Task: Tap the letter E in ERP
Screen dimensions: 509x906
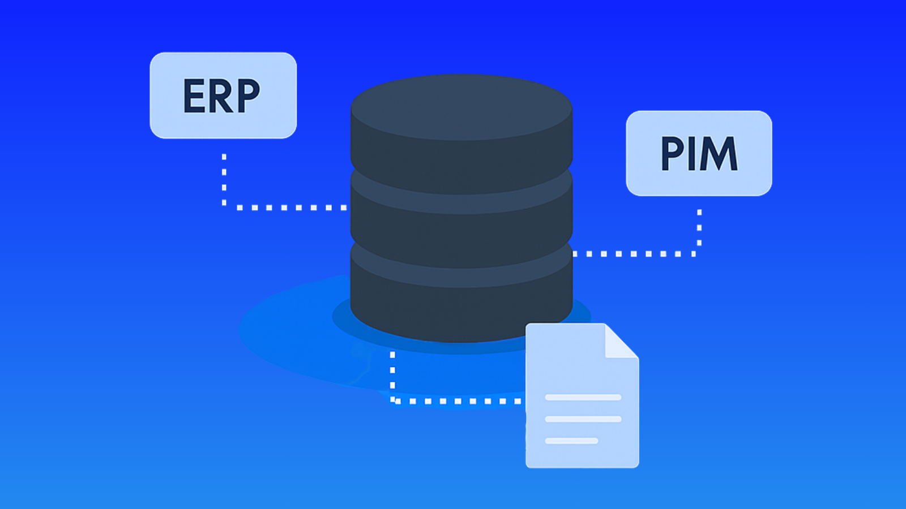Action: pyautogui.click(x=194, y=96)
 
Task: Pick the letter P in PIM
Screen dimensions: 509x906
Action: pyautogui.click(x=673, y=153)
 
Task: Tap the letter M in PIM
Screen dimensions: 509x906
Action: pyautogui.click(x=719, y=153)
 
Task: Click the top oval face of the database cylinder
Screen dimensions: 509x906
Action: pyautogui.click(x=461, y=107)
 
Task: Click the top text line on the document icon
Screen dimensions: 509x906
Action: pyautogui.click(x=583, y=397)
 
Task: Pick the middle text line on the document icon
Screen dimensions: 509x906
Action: pyautogui.click(x=583, y=419)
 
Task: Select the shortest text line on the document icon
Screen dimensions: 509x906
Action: pyautogui.click(x=571, y=441)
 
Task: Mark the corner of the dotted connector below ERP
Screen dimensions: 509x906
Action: pyautogui.click(x=224, y=207)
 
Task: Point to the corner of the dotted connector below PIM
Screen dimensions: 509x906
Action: pyautogui.click(x=699, y=254)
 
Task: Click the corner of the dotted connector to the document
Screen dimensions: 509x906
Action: pyautogui.click(x=392, y=401)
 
